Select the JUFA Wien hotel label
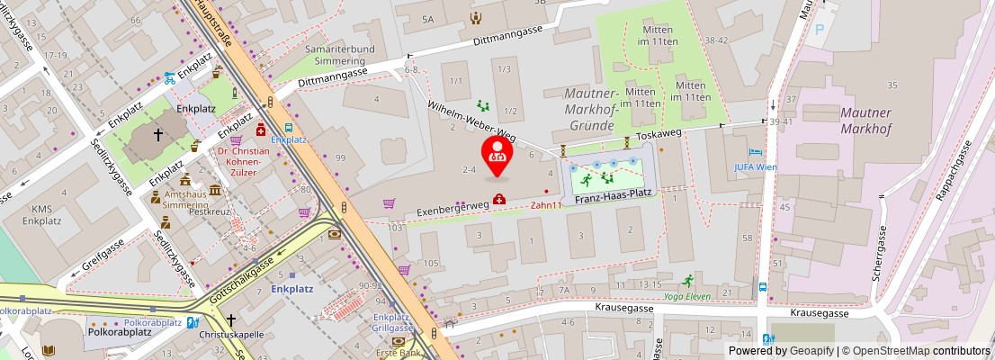tap(755, 166)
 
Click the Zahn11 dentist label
tap(545, 205)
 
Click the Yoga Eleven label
tap(686, 296)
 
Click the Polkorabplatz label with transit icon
tap(153, 322)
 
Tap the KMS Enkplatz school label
tap(41, 213)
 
